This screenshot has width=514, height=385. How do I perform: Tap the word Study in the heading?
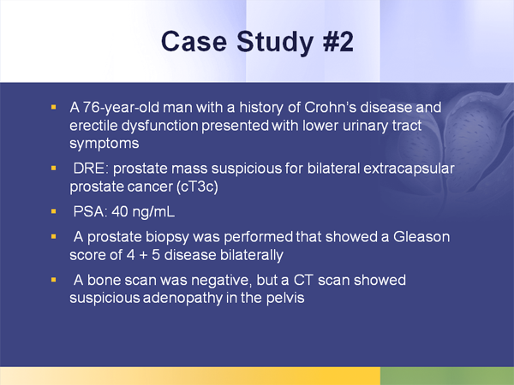pos(264,42)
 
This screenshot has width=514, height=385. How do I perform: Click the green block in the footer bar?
pos(446,376)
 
